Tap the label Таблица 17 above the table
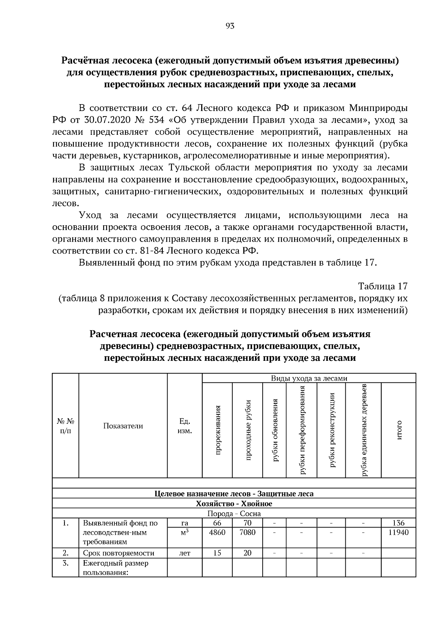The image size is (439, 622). pos(382,286)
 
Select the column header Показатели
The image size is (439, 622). pos(123,426)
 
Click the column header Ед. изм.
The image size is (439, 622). pos(184,426)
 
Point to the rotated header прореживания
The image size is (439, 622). pos(218,430)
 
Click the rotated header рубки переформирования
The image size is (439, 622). pos(302,430)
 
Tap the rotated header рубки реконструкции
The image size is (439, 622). pos(332,430)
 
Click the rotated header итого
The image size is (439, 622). pos(399,430)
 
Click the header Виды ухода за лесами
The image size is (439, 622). pos(309,378)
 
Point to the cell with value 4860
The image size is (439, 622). pos(217,532)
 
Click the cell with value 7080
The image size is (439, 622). pos(247,532)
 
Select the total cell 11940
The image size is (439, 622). pos(398,532)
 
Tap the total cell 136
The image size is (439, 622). pos(398,523)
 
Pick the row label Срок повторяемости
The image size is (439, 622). pos(119,553)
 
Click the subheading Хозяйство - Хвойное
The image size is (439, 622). pos(234,503)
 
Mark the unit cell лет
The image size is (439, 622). pos(184,553)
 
